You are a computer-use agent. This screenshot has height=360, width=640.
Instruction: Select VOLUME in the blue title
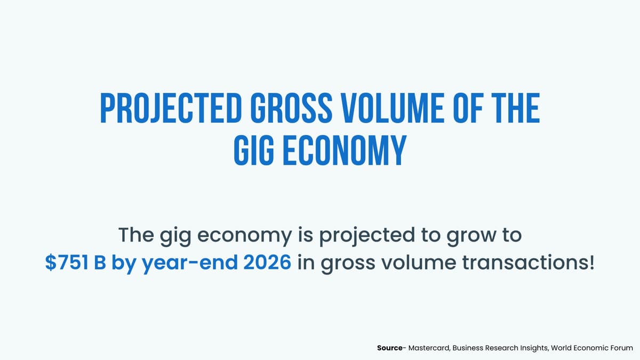[387, 109]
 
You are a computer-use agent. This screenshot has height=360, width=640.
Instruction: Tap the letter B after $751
[100, 263]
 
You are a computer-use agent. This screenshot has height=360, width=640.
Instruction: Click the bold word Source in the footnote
[389, 347]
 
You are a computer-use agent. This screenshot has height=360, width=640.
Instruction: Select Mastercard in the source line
[428, 347]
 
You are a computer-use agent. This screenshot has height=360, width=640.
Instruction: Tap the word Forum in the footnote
[621, 347]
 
